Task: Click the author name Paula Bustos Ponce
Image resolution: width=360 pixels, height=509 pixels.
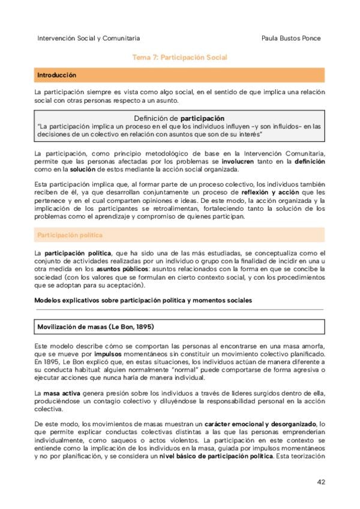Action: coord(292,38)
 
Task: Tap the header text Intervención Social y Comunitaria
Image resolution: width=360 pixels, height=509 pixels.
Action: coord(89,38)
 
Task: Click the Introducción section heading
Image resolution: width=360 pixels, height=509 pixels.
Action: coord(56,76)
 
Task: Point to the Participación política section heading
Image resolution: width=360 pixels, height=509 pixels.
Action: coord(70,235)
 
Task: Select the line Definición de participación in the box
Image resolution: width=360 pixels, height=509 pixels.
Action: coord(179,118)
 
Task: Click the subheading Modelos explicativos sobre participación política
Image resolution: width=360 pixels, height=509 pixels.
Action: coord(144,300)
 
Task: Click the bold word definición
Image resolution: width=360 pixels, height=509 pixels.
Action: coord(309,162)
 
